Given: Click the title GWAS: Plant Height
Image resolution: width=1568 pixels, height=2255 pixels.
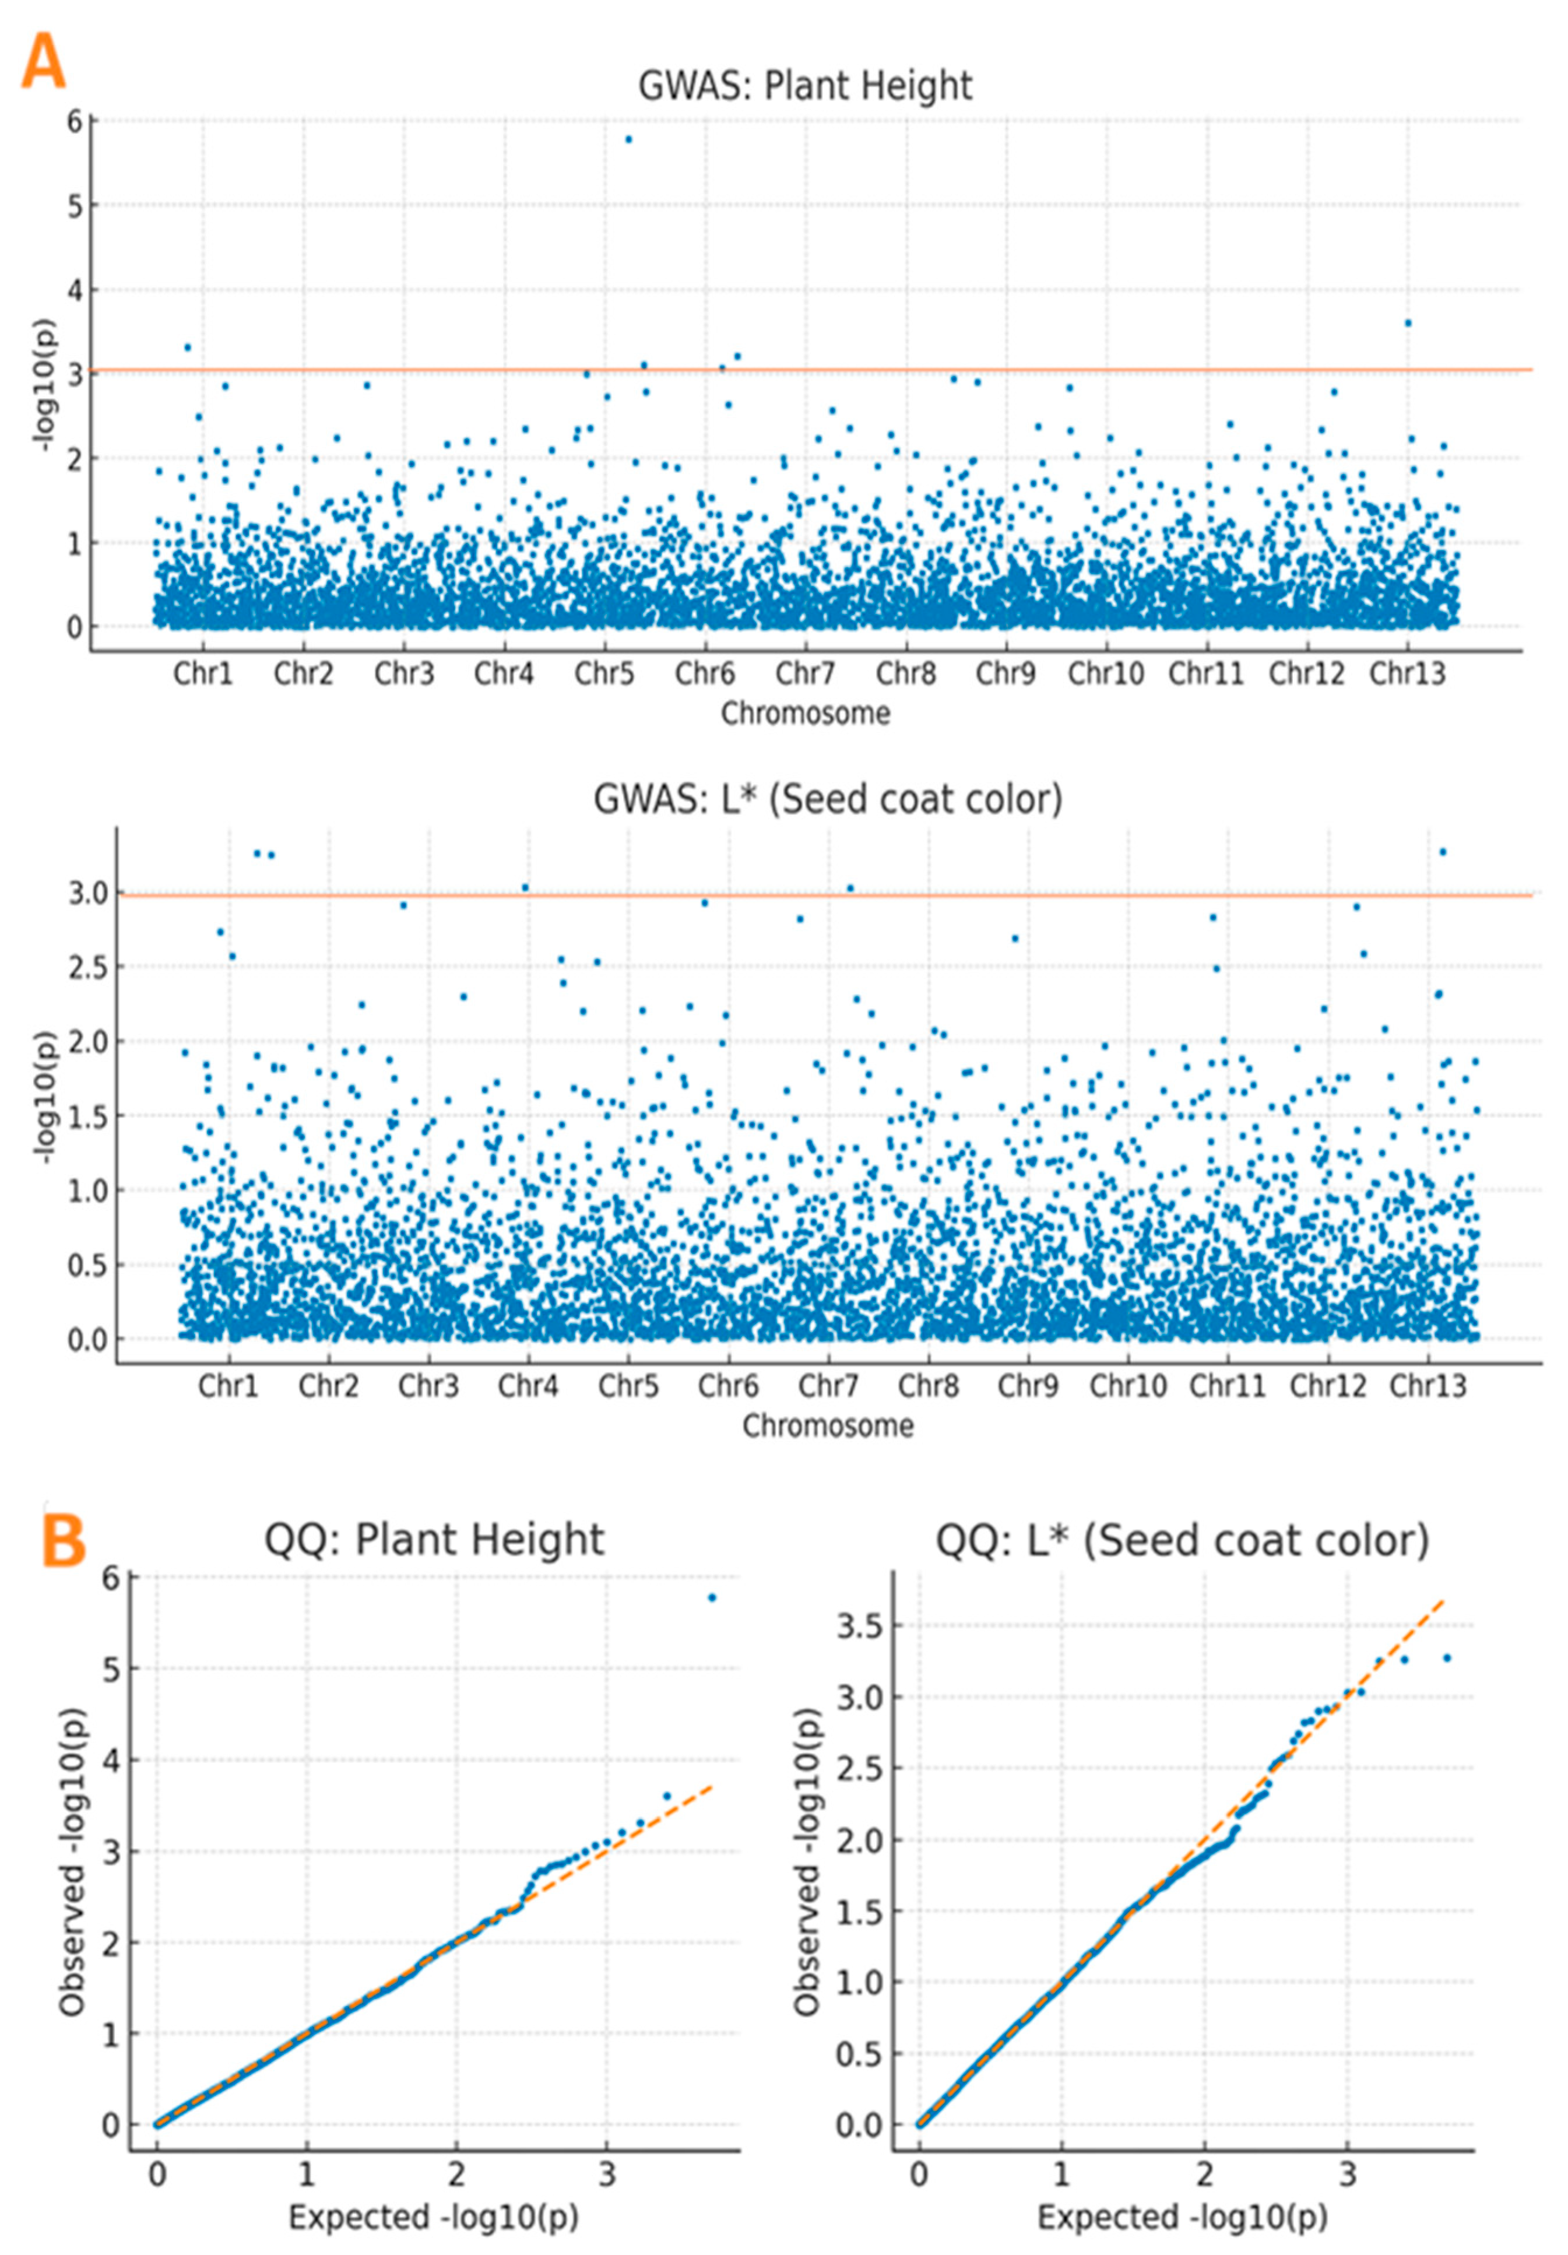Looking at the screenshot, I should coord(804,86).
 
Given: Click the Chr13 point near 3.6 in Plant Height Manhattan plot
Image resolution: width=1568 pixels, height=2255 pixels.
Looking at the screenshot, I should coord(1407,323).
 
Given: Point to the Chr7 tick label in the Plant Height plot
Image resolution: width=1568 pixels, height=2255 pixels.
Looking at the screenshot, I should coord(804,674).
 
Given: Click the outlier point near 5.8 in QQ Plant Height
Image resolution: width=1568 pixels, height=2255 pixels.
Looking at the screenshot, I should coord(712,1598).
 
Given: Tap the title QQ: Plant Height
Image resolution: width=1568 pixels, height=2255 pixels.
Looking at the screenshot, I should coord(434,1539).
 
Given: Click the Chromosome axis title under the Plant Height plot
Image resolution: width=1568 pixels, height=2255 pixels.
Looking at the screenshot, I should coord(805,714).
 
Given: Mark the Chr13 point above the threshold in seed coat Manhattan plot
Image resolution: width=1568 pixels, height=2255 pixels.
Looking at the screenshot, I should coord(1442,852).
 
